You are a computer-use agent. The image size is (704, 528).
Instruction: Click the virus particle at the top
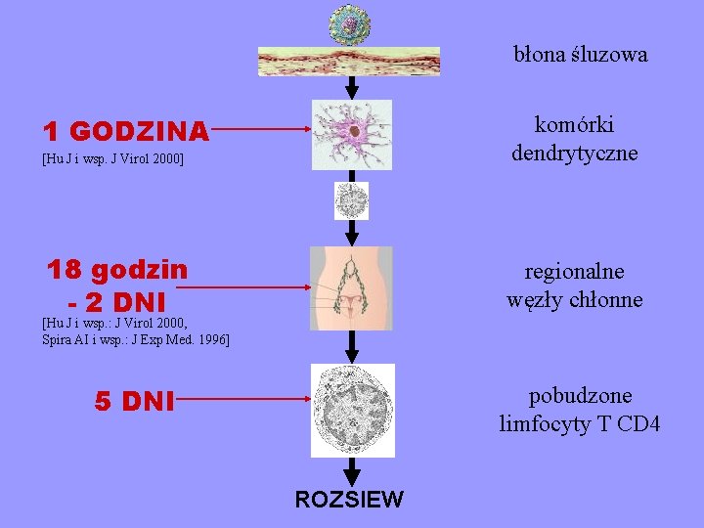tap(349, 23)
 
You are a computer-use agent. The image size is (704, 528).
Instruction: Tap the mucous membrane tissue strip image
tap(349, 61)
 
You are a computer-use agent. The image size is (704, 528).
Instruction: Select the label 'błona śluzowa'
tap(581, 55)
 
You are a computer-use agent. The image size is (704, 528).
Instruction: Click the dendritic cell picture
tap(351, 135)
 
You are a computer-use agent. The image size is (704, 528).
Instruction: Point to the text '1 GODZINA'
tap(125, 130)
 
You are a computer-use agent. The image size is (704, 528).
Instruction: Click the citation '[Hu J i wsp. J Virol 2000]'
tap(113, 157)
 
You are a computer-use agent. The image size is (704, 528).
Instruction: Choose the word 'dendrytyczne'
tap(574, 154)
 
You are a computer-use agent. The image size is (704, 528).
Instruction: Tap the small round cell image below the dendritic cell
tap(351, 200)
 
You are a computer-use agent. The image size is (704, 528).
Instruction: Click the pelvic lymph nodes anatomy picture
tap(351, 287)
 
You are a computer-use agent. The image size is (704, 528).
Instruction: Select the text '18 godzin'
tap(118, 268)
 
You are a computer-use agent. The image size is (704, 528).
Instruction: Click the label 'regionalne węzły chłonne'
tap(575, 286)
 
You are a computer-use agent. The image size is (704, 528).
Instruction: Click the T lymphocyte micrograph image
tap(352, 410)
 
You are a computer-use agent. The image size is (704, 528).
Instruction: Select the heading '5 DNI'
tap(135, 401)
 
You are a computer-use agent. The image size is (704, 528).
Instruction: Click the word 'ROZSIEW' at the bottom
tap(349, 500)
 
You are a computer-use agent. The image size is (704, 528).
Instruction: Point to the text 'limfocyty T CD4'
tap(580, 424)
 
